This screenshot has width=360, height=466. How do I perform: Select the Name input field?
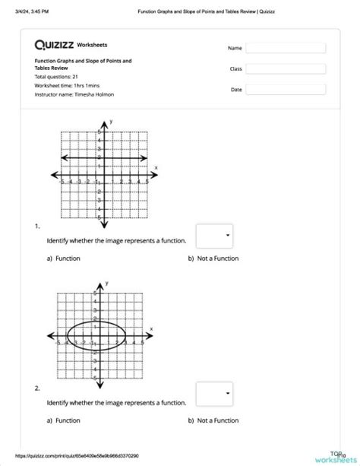coord(295,48)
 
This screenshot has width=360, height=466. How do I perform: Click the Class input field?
coord(295,68)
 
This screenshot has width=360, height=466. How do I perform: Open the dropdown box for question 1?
coord(214,236)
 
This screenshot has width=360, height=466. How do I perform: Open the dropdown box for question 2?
coord(214,394)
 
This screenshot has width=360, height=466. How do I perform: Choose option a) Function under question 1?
coord(64,259)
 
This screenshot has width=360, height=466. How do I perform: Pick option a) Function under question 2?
coord(64,420)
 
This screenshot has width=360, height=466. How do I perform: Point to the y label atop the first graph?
coord(112,122)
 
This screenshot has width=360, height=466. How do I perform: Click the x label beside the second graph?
coord(151,329)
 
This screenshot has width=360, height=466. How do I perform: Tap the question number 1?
coord(36,226)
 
